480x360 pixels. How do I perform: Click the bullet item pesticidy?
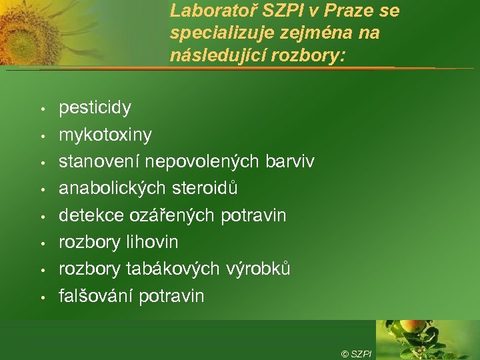(x=95, y=108)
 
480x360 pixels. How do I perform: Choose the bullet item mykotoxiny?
(x=105, y=135)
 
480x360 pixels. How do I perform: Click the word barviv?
(x=289, y=161)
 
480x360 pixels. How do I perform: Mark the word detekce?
(x=89, y=215)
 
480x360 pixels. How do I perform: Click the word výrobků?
(x=257, y=269)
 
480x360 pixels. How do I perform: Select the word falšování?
(x=96, y=295)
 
